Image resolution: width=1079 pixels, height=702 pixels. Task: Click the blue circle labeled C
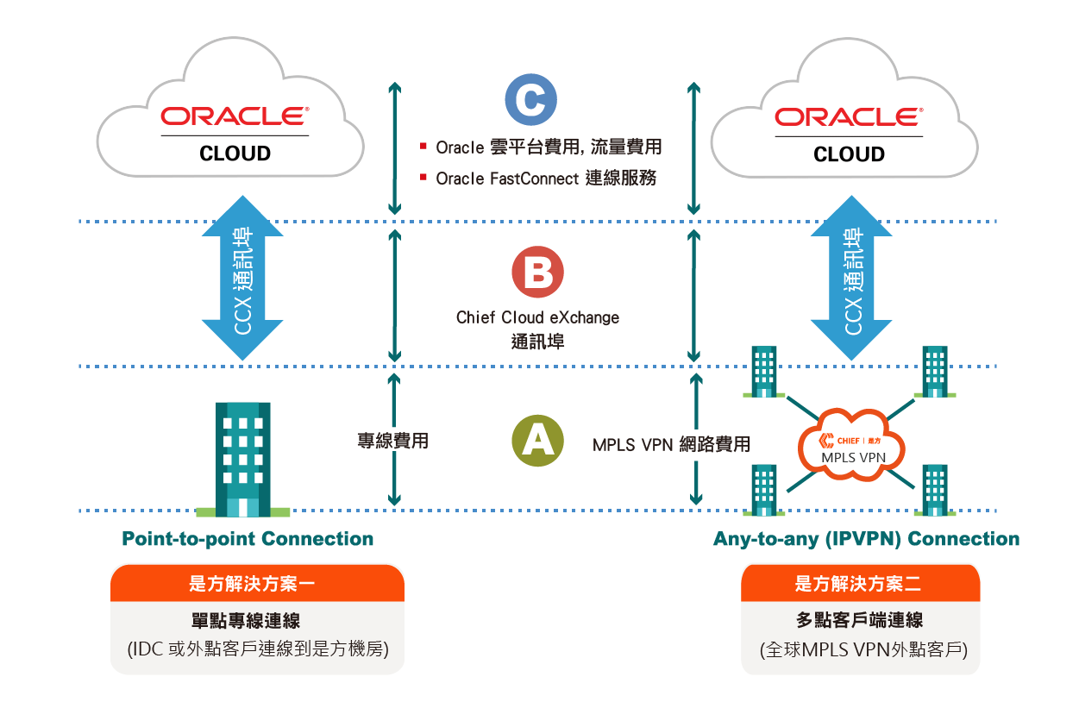(x=530, y=101)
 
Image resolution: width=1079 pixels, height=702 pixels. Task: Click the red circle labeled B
(x=537, y=273)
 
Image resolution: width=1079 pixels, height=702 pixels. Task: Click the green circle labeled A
(x=537, y=441)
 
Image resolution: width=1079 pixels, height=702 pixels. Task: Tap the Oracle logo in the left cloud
(x=235, y=116)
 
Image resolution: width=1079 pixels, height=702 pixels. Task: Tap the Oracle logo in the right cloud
(x=848, y=116)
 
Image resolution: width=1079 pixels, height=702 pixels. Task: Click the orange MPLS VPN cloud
(x=851, y=448)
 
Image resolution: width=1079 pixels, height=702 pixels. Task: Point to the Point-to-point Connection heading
(x=248, y=540)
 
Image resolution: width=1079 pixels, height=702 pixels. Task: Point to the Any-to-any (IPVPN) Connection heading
(x=866, y=540)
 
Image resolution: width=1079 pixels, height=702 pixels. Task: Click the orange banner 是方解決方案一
(x=257, y=585)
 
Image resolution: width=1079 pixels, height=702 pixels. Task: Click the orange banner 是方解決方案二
(x=860, y=585)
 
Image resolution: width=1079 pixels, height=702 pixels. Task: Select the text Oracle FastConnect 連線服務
(x=546, y=179)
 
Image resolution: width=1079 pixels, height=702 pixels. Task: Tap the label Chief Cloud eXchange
(x=537, y=317)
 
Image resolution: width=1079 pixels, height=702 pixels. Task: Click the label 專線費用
(x=392, y=442)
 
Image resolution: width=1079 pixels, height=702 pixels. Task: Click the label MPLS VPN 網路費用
(x=671, y=445)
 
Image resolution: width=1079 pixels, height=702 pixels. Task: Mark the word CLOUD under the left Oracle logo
(x=235, y=154)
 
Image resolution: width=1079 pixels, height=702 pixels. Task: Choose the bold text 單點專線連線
(x=257, y=620)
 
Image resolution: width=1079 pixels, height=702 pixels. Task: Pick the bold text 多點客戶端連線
(x=860, y=620)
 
